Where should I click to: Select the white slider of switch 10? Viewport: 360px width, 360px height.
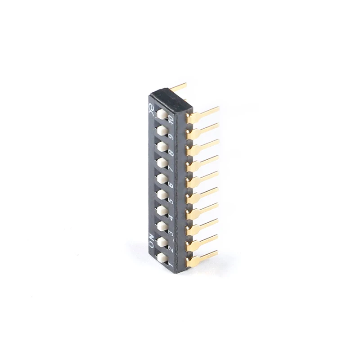coord(162,114)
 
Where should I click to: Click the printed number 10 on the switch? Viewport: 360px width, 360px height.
coord(171,119)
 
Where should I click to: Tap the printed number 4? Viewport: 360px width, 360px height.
coord(171,217)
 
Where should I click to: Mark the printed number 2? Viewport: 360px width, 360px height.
coord(171,248)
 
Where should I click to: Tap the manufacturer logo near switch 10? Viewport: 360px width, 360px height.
coord(152,108)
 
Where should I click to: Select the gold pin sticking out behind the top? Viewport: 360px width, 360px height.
coord(179,86)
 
